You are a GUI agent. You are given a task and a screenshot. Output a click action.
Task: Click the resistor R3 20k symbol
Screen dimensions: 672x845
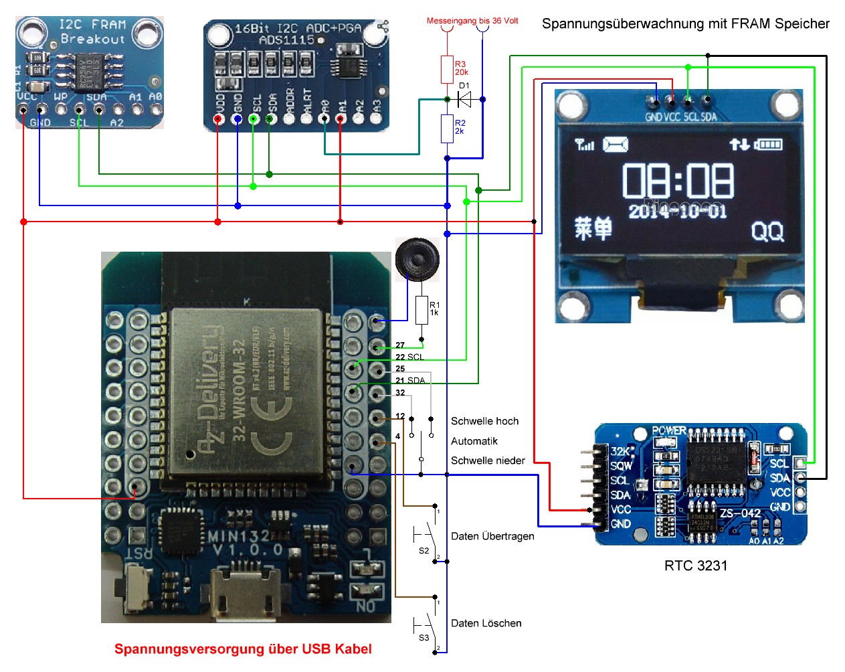[447, 69]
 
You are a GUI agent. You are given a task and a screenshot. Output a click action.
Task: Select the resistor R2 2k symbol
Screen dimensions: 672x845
[447, 128]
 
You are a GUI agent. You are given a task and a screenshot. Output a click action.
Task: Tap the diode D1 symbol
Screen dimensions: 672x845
[464, 99]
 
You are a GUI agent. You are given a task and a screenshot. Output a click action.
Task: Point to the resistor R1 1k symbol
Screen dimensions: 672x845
[421, 310]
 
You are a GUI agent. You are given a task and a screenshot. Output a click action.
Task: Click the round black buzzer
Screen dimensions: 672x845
[417, 258]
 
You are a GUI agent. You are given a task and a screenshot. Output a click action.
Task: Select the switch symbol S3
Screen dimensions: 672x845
[427, 624]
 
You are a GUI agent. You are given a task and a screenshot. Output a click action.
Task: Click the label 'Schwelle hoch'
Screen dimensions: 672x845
[484, 421]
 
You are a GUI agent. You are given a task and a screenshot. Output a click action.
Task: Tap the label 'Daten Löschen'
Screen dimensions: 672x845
[486, 623]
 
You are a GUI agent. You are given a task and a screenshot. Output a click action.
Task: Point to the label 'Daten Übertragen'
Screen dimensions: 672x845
[492, 536]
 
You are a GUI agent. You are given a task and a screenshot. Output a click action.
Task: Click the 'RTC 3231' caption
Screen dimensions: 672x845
[695, 566]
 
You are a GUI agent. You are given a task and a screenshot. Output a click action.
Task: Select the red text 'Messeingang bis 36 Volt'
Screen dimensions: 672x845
[472, 21]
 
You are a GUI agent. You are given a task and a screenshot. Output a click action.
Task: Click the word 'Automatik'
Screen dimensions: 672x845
[474, 441]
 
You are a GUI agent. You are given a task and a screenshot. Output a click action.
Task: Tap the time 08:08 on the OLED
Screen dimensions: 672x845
[678, 181]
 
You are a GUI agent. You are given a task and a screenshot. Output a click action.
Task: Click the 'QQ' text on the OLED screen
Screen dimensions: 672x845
[767, 232]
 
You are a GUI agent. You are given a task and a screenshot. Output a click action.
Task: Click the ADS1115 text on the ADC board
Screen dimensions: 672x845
[286, 40]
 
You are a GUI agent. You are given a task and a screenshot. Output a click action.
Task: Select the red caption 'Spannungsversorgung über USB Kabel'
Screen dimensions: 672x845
[243, 649]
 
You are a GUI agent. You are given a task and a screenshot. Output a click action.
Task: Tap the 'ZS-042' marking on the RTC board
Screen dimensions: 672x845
[740, 513]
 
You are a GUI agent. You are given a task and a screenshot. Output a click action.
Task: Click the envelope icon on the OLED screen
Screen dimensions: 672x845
[616, 144]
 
